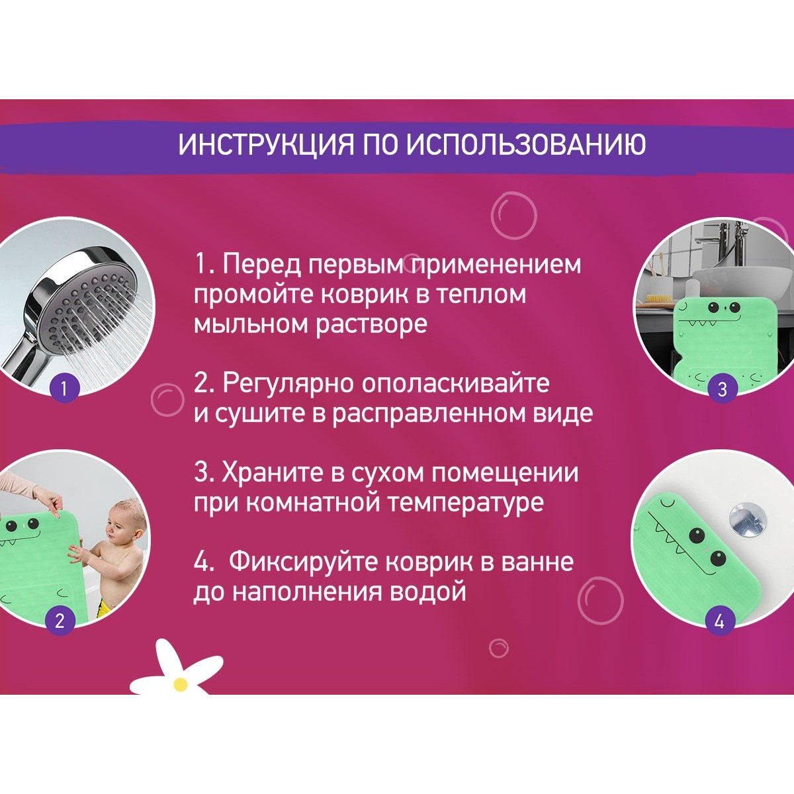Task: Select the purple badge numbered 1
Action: [64, 388]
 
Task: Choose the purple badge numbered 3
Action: [722, 388]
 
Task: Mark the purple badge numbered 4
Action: [720, 620]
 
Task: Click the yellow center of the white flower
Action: [181, 685]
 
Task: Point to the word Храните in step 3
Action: [273, 472]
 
